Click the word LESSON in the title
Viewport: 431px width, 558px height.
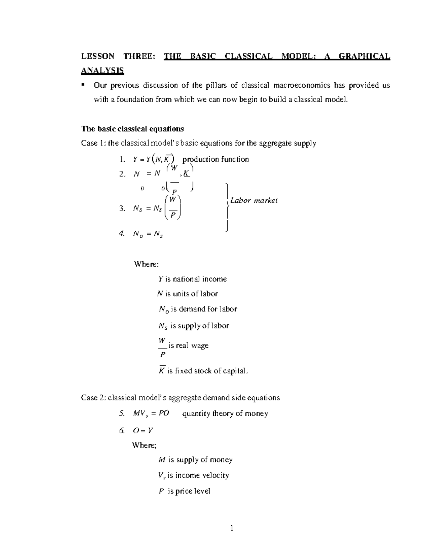tap(97, 56)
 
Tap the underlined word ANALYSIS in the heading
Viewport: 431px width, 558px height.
tap(102, 70)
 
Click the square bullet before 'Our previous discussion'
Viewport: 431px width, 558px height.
tap(83, 85)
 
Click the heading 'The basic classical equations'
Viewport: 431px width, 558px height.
tap(133, 129)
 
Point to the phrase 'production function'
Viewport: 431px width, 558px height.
tap(215, 159)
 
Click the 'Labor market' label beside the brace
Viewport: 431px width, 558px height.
tap(254, 200)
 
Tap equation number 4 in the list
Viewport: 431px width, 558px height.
tap(122, 234)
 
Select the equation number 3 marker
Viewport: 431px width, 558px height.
tap(122, 208)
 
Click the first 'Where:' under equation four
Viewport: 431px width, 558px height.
tap(146, 264)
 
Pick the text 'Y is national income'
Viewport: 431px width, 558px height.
tap(193, 279)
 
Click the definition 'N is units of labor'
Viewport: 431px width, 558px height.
tap(187, 294)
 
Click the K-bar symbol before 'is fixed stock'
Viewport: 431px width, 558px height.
tap(162, 370)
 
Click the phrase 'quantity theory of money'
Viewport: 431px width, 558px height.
tap(225, 414)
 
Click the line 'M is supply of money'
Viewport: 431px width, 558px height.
tap(195, 460)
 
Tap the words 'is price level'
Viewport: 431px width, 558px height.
tap(189, 491)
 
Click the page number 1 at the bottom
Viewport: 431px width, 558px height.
tap(232, 528)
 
